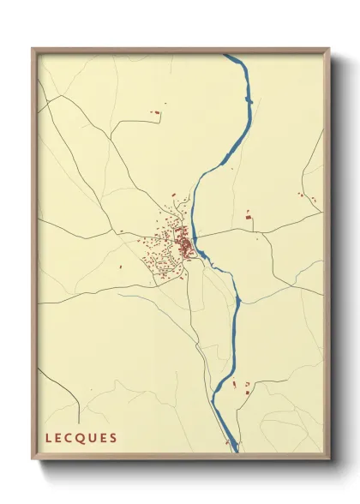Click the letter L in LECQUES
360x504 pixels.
tap(48, 438)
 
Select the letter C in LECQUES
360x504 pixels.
tap(70, 438)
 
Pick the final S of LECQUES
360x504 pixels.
tap(113, 438)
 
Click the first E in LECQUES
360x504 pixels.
tap(59, 438)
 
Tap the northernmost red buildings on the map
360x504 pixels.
tap(156, 111)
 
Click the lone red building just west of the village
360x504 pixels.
tap(121, 267)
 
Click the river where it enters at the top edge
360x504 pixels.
tap(231, 57)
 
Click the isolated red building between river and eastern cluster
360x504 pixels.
tap(249, 219)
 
